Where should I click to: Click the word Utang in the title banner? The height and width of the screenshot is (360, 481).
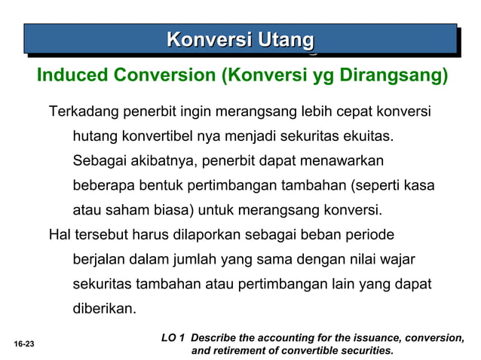click(285, 38)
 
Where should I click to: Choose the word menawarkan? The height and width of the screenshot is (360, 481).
click(342, 161)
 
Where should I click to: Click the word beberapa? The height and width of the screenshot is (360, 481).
click(103, 185)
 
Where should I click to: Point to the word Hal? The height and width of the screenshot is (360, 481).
click(59, 234)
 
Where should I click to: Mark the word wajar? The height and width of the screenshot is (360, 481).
click(397, 259)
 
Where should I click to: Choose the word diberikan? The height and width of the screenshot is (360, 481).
click(103, 308)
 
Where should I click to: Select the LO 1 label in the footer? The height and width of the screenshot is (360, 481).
click(174, 337)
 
